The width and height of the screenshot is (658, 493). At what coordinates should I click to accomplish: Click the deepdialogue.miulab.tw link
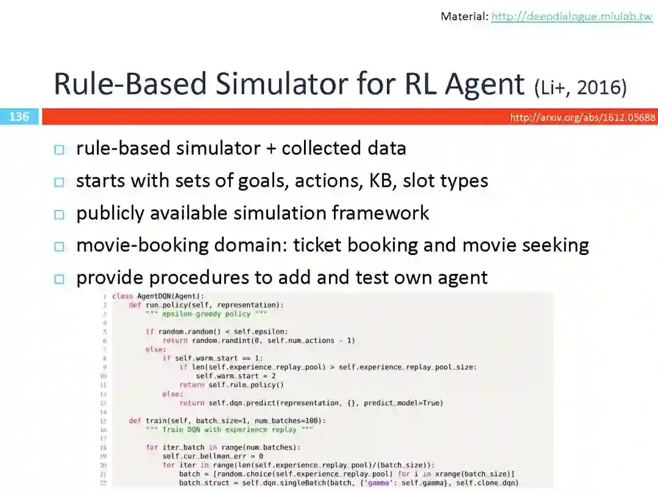click(x=571, y=16)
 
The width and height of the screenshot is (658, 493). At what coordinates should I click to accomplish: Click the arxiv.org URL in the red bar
click(x=582, y=117)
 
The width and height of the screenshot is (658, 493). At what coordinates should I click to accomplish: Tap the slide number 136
click(x=19, y=116)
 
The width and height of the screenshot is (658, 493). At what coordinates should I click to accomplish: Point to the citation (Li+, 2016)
click(x=580, y=88)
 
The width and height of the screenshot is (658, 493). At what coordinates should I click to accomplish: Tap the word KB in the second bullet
click(x=383, y=181)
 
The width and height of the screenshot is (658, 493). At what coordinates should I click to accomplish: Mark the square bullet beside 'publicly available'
click(x=58, y=214)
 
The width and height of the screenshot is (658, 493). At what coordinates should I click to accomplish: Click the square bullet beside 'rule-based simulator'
click(x=58, y=150)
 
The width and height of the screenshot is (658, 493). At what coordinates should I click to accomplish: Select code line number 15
click(x=104, y=421)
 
